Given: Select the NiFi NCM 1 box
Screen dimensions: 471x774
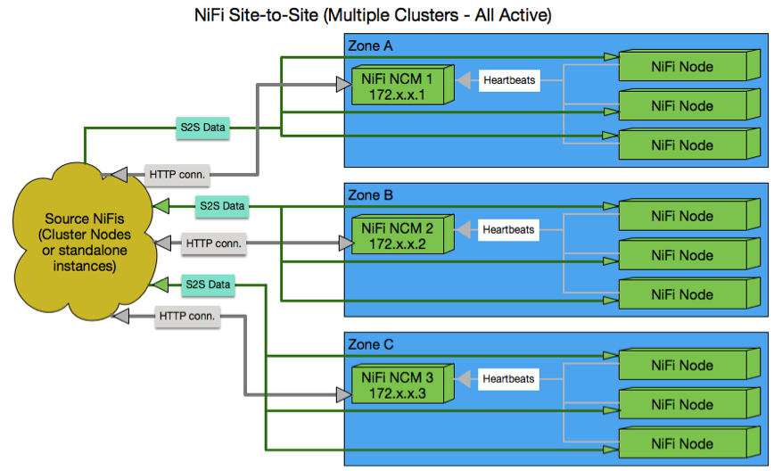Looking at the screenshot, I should point(399,86).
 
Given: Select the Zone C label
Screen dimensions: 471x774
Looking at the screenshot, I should point(370,344).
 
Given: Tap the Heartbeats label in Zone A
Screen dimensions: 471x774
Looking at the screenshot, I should point(508,80).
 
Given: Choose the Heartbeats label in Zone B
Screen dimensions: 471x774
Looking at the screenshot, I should point(508,229).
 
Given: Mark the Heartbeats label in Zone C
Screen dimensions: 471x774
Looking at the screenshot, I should point(508,378).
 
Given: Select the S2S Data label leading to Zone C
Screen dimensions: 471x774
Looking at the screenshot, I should point(208,285).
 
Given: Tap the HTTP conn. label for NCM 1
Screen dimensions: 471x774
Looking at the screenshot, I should point(176,175).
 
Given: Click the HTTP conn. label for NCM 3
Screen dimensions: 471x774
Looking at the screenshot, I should point(188,316).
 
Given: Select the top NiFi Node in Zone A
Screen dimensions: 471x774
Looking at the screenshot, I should point(682,67).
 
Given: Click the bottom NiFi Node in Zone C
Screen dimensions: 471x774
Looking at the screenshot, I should point(682,443).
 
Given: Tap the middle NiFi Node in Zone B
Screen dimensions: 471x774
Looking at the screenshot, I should point(682,255).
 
